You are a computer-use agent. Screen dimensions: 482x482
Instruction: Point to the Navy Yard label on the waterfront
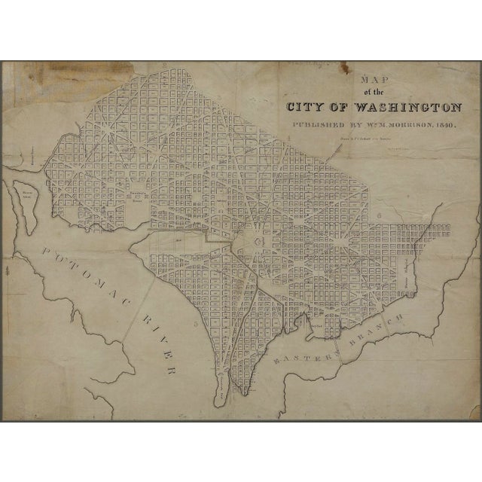[x=340, y=325]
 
